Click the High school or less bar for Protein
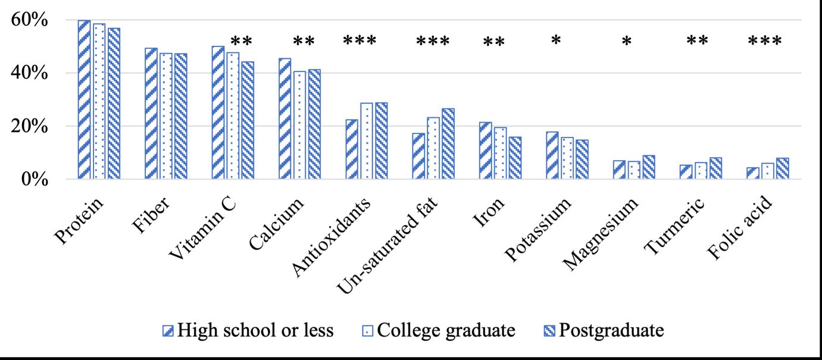click(84, 99)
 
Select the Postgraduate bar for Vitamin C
click(247, 120)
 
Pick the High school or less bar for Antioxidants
click(352, 149)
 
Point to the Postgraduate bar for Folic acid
click(783, 168)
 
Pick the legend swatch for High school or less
click(168, 330)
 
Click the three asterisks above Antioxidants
click(360, 42)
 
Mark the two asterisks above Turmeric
click(697, 42)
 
